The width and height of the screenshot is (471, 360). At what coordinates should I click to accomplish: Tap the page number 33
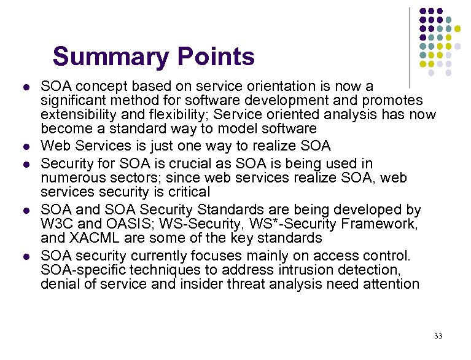pyautogui.click(x=438, y=335)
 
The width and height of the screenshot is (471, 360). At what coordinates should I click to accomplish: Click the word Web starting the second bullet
pyautogui.click(x=53, y=146)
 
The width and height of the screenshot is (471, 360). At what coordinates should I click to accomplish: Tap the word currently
pyautogui.click(x=162, y=256)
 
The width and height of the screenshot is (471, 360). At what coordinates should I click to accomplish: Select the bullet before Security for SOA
pyautogui.click(x=24, y=164)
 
